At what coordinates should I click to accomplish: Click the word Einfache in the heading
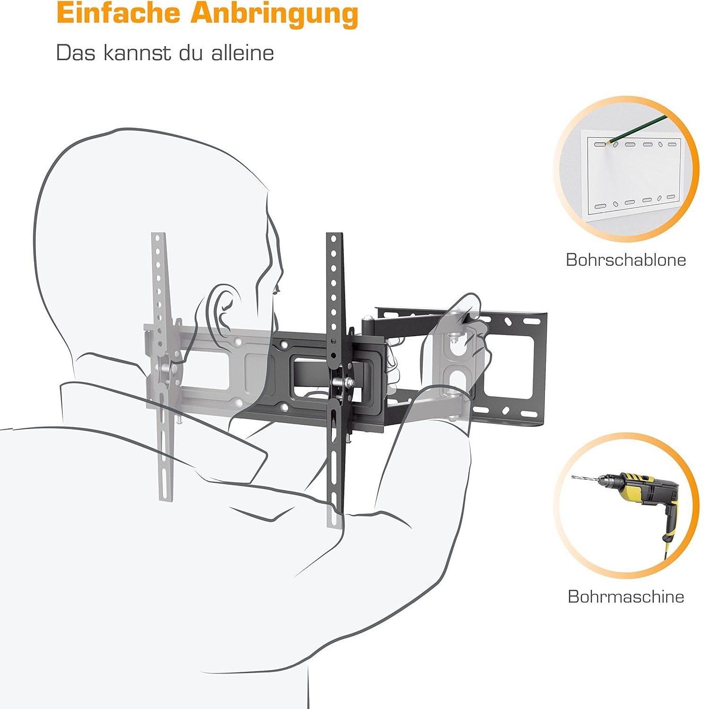(x=118, y=13)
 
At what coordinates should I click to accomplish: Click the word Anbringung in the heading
(x=275, y=15)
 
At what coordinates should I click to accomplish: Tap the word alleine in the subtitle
(x=242, y=52)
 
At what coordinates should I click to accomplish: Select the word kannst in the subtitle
(x=137, y=53)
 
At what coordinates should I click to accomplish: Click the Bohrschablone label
(x=626, y=260)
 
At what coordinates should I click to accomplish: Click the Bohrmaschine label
(x=626, y=597)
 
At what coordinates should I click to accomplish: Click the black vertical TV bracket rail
(x=335, y=378)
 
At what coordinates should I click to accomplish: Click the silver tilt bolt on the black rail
(x=344, y=382)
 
